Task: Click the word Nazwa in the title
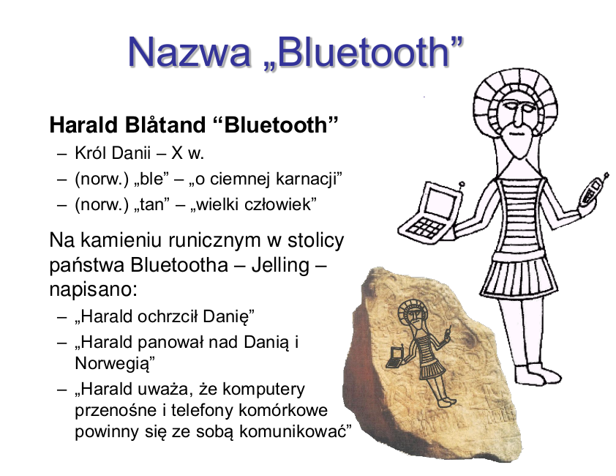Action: [x=189, y=52]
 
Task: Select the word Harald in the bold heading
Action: [x=83, y=124]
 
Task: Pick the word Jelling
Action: [x=280, y=265]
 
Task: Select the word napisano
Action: [x=93, y=289]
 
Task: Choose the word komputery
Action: [x=263, y=390]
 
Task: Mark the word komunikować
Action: [x=293, y=431]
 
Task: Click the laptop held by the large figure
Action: [x=432, y=214]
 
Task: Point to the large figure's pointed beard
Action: [x=519, y=144]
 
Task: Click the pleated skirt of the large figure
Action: [x=519, y=277]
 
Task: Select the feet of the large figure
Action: [x=538, y=374]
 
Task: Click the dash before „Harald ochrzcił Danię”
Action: [x=61, y=317]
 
